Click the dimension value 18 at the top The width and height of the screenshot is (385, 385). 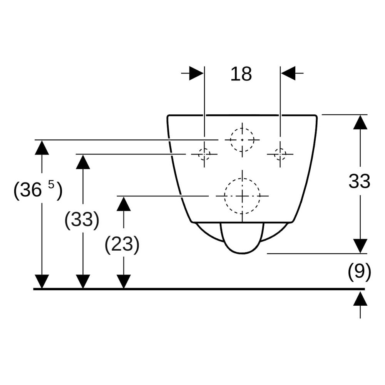(241, 74)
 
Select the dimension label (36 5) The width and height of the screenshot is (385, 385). (38, 189)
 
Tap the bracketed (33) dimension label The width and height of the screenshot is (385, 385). (82, 219)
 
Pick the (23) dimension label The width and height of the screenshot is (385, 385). (122, 244)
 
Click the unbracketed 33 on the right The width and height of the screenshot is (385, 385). (359, 181)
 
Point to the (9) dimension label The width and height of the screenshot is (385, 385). (359, 272)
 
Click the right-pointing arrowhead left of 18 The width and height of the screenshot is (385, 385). (197, 73)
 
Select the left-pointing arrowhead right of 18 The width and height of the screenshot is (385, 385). (288, 73)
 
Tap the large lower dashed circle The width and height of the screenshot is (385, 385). (224, 196)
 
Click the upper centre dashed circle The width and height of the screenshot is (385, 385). (231, 140)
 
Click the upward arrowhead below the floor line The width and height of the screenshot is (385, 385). (360, 299)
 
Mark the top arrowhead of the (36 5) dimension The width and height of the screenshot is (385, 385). (42, 147)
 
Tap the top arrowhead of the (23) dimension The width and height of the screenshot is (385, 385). (124, 204)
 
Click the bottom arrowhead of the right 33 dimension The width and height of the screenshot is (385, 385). (360, 246)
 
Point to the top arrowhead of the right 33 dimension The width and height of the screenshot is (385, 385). (360, 122)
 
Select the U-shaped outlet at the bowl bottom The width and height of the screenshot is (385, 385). (242, 253)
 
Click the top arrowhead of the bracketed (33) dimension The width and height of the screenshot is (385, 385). (83, 162)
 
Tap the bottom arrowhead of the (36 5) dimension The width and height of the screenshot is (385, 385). (42, 282)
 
